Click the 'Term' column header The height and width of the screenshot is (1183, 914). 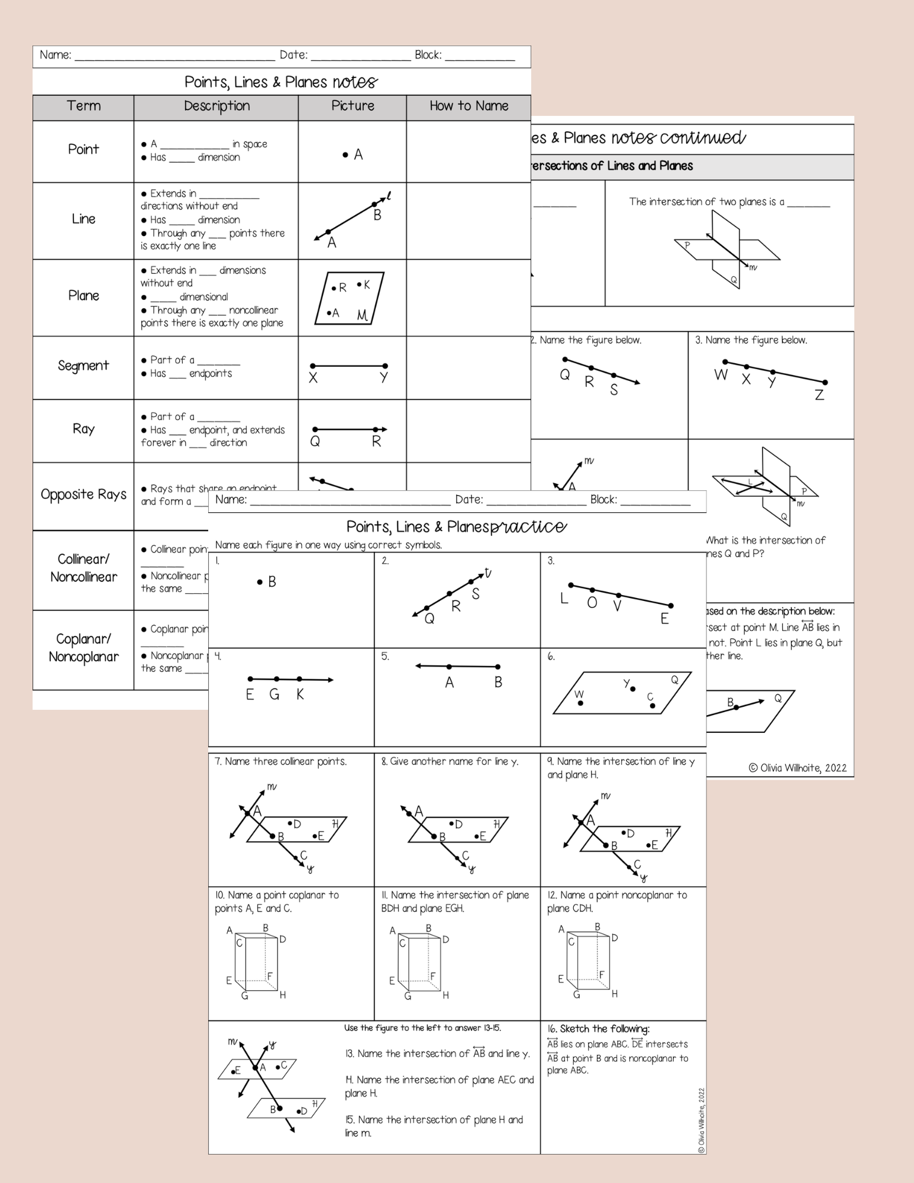click(x=83, y=106)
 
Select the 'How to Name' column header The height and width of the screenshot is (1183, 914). click(x=469, y=106)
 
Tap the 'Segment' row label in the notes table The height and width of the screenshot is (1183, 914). click(x=83, y=366)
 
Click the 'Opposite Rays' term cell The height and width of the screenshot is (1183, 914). click(x=83, y=494)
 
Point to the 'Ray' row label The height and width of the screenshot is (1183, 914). click(x=83, y=429)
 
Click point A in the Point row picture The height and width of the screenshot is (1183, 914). click(x=345, y=155)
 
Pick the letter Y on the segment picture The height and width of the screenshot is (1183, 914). click(x=384, y=377)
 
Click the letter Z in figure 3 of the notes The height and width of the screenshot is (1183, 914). click(x=819, y=395)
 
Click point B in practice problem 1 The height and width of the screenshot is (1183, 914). click(x=260, y=582)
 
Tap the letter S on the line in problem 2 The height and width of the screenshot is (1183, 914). click(x=476, y=594)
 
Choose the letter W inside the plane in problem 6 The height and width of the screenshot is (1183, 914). click(x=579, y=694)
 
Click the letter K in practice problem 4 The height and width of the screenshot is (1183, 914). click(x=300, y=694)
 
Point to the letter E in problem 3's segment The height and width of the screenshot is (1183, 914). click(x=664, y=619)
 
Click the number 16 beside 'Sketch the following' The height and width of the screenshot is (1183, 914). click(x=552, y=1029)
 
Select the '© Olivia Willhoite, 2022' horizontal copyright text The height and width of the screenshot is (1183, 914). click(x=797, y=768)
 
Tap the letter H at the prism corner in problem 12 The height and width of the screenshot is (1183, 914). click(x=615, y=994)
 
